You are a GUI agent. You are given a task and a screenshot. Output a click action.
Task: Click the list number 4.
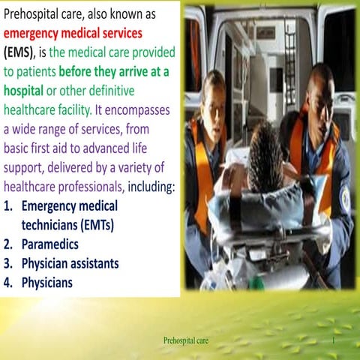click(x=8, y=283)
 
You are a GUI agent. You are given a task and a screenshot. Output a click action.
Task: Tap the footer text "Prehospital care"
click(x=185, y=341)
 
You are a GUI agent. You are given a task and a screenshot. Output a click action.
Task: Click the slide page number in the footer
click(x=340, y=341)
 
